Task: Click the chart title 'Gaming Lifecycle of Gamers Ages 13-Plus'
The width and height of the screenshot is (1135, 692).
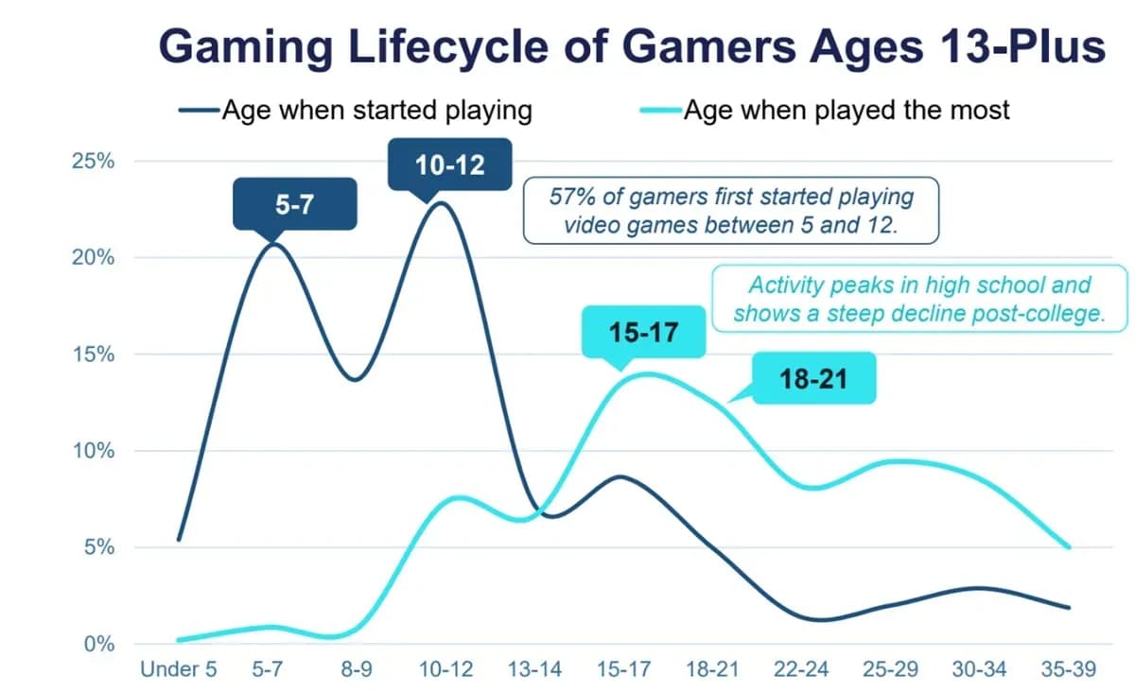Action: [631, 45]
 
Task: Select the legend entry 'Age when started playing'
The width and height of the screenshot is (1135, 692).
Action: [376, 111]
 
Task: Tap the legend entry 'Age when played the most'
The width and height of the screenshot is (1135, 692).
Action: [846, 111]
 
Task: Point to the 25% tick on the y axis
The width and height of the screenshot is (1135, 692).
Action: [93, 161]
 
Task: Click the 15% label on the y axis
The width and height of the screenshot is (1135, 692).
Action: [93, 355]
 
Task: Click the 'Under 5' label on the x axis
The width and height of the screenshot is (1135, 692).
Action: [178, 670]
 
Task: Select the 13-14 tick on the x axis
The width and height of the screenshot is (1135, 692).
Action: [534, 670]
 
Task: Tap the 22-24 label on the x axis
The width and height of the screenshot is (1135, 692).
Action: [801, 670]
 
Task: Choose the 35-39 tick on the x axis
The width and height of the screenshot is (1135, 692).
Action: [1069, 670]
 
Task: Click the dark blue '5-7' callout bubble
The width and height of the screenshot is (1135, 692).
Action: [294, 203]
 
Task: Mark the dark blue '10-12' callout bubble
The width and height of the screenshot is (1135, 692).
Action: [449, 164]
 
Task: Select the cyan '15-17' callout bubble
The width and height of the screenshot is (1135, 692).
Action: [643, 333]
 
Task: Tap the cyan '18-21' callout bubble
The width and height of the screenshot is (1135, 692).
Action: [814, 379]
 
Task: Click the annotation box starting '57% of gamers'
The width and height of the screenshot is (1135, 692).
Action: [730, 211]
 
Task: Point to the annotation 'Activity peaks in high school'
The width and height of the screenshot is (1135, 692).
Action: [918, 300]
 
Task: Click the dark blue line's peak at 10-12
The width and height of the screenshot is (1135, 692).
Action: [442, 202]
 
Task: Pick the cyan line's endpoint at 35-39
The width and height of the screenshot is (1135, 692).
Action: [1069, 547]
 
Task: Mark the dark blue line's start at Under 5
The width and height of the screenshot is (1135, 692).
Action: [179, 540]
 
